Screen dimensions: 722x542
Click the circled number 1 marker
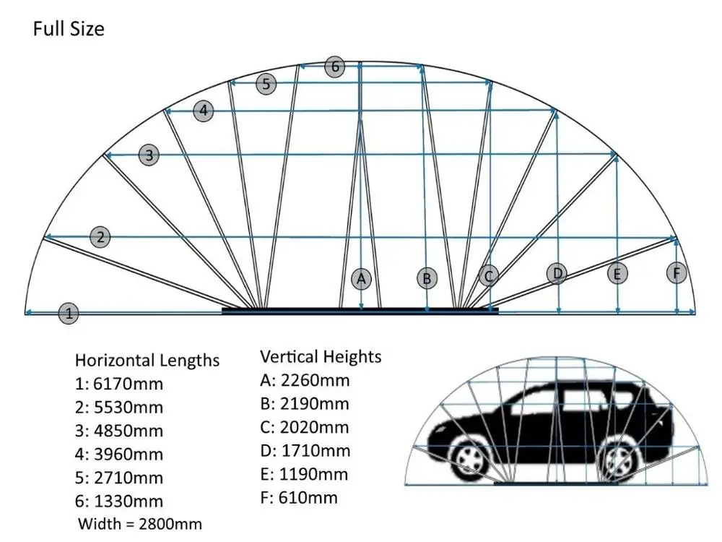click(69, 314)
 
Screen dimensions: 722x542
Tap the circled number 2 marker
click(101, 236)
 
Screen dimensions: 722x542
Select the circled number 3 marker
click(149, 155)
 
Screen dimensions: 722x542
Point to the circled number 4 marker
click(204, 111)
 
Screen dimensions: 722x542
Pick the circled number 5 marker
click(266, 84)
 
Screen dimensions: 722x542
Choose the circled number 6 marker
click(334, 67)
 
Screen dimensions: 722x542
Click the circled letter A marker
click(362, 278)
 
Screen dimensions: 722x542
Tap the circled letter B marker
click(427, 278)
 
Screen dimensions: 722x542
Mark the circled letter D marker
click(557, 274)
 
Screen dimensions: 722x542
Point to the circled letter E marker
click(617, 274)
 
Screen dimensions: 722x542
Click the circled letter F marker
click(677, 272)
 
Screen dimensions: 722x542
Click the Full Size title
click(69, 29)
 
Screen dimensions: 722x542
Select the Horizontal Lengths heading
click(147, 360)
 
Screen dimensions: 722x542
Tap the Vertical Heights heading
click(321, 356)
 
